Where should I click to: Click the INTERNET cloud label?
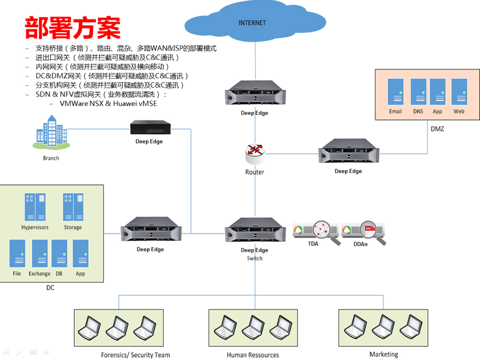[252, 23]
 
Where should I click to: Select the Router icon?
[255, 152]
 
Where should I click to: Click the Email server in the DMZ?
[396, 91]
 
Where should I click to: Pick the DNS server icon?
[418, 91]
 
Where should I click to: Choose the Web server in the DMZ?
[459, 91]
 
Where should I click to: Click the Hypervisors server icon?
[34, 207]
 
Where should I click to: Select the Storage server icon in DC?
[73, 207]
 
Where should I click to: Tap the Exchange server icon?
[39, 253]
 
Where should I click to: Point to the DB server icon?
[59, 253]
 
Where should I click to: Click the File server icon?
[17, 253]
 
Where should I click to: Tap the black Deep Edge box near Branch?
[149, 128]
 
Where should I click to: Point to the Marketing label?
[383, 354]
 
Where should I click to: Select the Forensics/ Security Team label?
[135, 354]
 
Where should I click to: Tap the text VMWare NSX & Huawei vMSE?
[108, 103]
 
